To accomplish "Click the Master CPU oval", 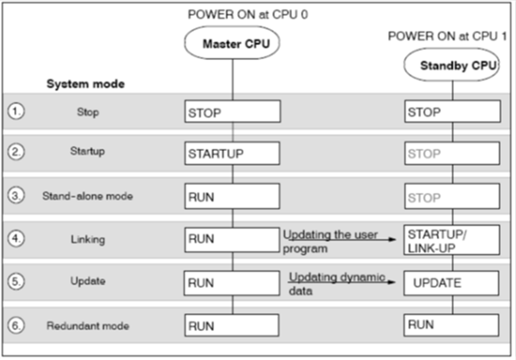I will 232,43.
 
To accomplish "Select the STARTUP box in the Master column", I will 232,154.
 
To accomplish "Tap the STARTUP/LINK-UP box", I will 452,240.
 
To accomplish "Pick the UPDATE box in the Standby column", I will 452,283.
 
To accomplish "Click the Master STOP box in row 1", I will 232,112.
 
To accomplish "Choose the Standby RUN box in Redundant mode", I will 452,325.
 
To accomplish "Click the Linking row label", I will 87,240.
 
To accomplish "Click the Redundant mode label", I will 87,325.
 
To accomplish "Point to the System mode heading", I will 85,84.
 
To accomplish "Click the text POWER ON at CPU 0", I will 247,14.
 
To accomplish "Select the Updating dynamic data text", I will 336,283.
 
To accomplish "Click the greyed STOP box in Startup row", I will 452,154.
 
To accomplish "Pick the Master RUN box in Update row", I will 232,283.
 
